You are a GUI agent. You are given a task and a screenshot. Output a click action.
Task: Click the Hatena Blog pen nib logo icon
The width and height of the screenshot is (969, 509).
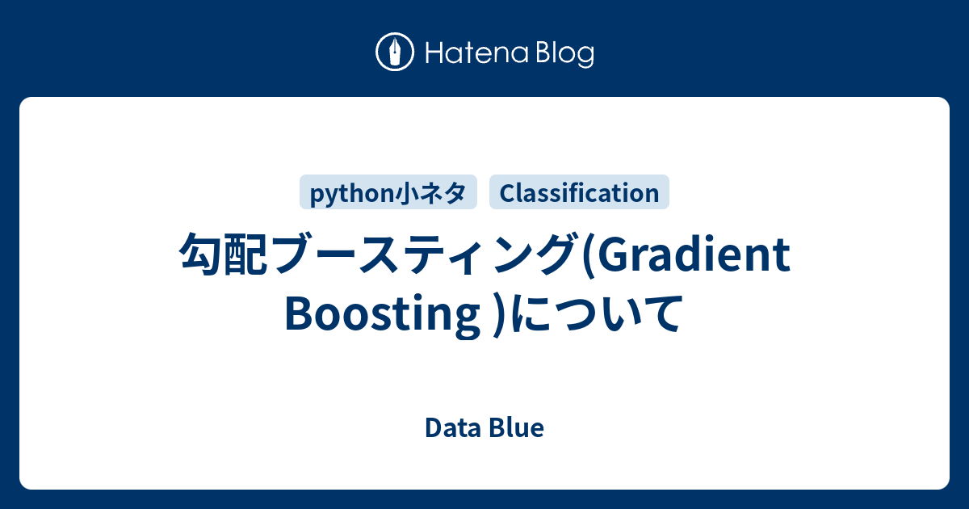[395, 52]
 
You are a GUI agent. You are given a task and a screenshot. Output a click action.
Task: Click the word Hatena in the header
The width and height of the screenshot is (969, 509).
[477, 53]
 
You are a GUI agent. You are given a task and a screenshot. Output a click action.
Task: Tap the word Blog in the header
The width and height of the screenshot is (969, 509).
[565, 54]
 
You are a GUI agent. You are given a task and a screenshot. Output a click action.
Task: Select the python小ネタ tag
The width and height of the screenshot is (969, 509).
[388, 192]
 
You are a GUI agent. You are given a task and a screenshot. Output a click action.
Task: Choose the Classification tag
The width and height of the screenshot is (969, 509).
[579, 192]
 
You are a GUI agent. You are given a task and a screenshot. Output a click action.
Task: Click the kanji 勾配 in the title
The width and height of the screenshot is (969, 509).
[223, 254]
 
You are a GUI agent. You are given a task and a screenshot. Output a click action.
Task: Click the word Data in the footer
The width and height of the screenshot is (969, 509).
[453, 428]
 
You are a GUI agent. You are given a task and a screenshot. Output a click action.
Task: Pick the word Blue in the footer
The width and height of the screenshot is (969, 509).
[516, 428]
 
